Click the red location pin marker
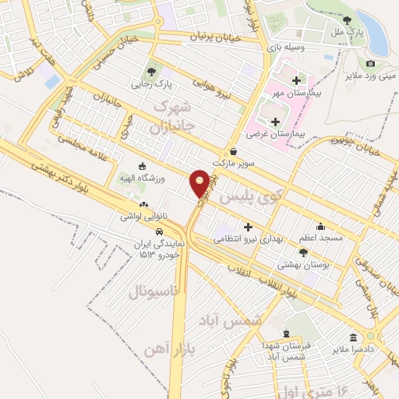click(x=199, y=182)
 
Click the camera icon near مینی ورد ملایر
click(x=370, y=63)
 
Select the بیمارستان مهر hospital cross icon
click(x=295, y=80)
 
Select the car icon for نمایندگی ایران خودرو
click(x=160, y=231)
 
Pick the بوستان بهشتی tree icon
click(x=303, y=252)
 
